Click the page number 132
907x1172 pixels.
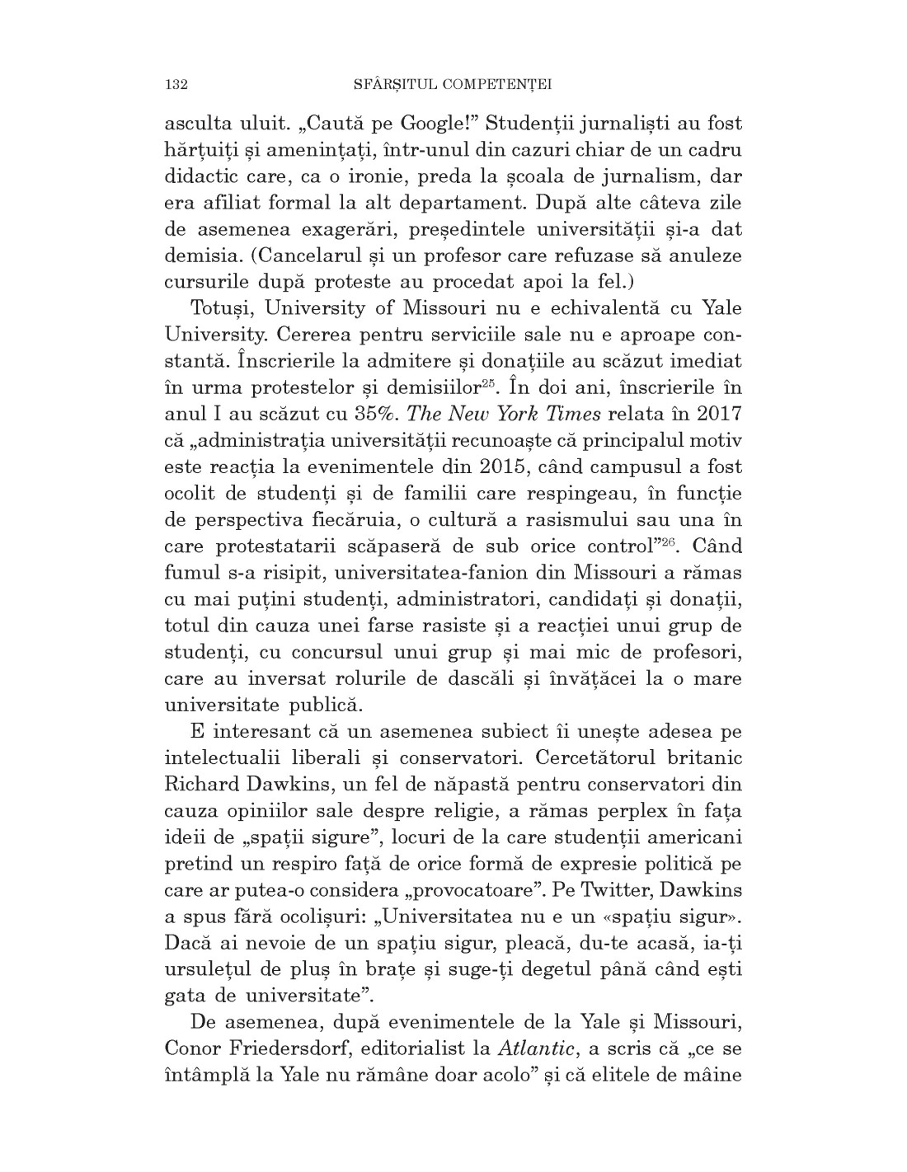(x=177, y=84)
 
